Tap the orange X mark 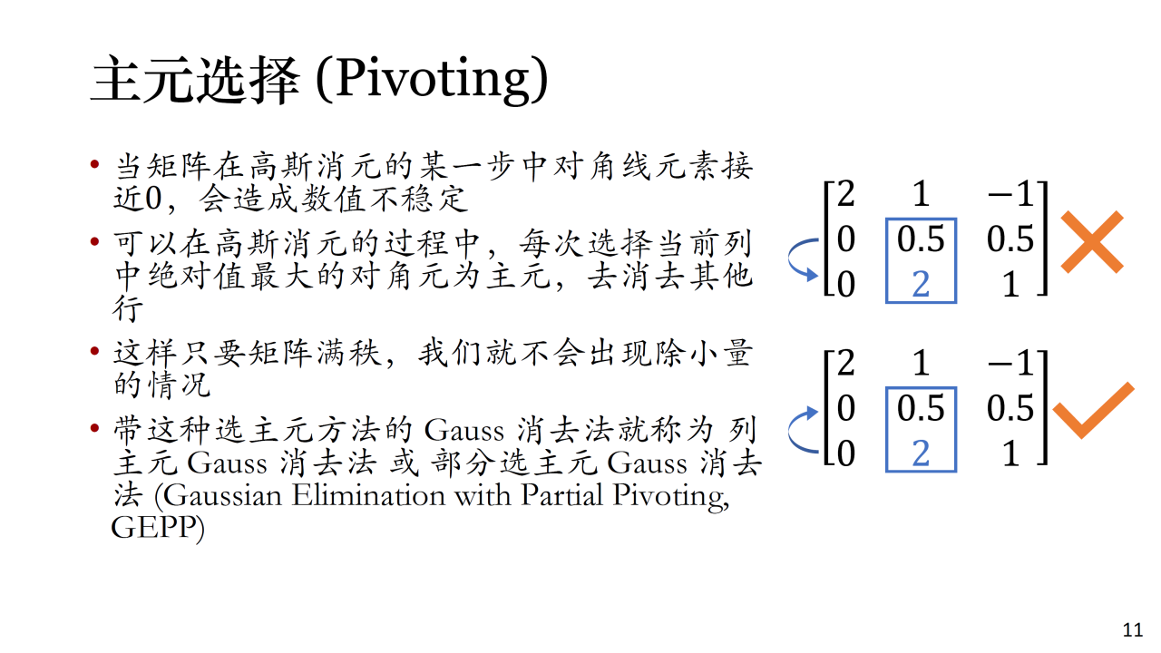pyautogui.click(x=1092, y=242)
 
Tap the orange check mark pyautogui.click(x=1094, y=411)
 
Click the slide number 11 pyautogui.click(x=1133, y=630)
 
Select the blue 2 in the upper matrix pyautogui.click(x=921, y=284)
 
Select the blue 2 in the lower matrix pyautogui.click(x=921, y=453)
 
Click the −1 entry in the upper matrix pyautogui.click(x=1010, y=194)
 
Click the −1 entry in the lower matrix pyautogui.click(x=1010, y=364)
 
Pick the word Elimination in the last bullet pyautogui.click(x=368, y=495)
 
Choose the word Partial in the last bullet pyautogui.click(x=561, y=495)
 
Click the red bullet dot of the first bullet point pyautogui.click(x=94, y=165)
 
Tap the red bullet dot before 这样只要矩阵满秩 pyautogui.click(x=94, y=351)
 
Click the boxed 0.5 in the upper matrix pyautogui.click(x=921, y=239)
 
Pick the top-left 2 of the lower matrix pyautogui.click(x=846, y=363)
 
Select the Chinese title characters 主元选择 pyautogui.click(x=195, y=81)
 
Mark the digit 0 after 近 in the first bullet pyautogui.click(x=153, y=199)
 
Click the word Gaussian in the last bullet pyautogui.click(x=223, y=496)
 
